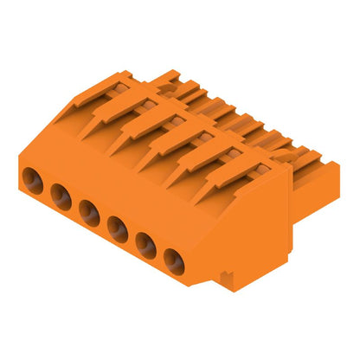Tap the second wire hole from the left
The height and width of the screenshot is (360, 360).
click(x=61, y=196)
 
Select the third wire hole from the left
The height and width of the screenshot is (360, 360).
click(x=89, y=212)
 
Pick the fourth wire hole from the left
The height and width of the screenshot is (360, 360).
click(x=118, y=228)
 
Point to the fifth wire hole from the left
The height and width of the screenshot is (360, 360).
click(x=145, y=245)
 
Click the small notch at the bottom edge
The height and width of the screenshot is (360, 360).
click(x=227, y=277)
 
